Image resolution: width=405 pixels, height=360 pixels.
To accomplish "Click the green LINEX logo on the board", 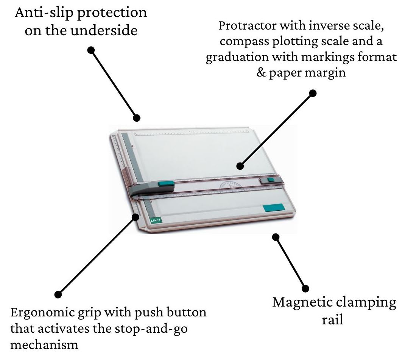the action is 156,220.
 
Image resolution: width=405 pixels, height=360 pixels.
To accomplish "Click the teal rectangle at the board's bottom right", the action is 274,208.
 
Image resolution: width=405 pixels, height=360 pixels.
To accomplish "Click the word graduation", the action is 237,57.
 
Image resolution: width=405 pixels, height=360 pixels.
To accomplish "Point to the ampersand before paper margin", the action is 261,72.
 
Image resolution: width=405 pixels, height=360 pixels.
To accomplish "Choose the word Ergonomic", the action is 43,313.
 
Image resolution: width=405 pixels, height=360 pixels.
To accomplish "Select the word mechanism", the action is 44,345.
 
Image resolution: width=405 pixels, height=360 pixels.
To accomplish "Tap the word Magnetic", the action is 304,302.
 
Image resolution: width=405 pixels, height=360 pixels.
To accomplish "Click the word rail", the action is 333,319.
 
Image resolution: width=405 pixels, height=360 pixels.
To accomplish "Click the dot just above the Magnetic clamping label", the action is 305,288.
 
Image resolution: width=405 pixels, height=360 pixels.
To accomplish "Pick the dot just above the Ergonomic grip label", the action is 58,294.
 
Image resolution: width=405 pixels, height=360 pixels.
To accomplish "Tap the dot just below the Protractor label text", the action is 313,93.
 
